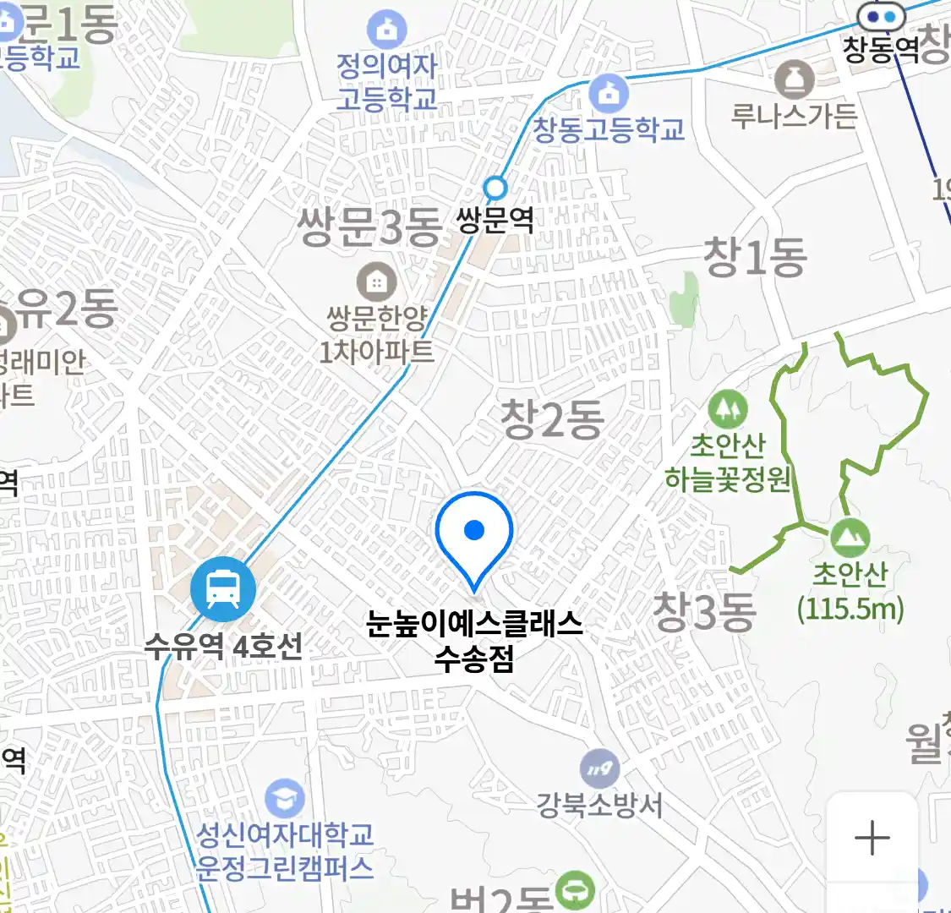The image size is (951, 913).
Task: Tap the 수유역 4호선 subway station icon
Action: pyautogui.click(x=222, y=588)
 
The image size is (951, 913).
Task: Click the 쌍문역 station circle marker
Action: pyautogui.click(x=495, y=188)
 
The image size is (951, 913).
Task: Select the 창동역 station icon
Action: pyautogui.click(x=881, y=16)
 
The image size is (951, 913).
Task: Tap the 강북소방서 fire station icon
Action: pyautogui.click(x=600, y=768)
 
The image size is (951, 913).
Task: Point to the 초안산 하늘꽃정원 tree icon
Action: pyautogui.click(x=727, y=410)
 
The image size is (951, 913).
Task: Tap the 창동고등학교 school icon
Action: pyautogui.click(x=608, y=94)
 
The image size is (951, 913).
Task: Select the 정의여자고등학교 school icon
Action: pyautogui.click(x=386, y=30)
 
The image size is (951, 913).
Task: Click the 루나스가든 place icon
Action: pyautogui.click(x=794, y=80)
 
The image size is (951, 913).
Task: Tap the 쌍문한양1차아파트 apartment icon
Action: pyautogui.click(x=376, y=282)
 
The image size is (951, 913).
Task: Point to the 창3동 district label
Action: pyautogui.click(x=704, y=611)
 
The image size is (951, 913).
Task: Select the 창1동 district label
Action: pyautogui.click(x=756, y=258)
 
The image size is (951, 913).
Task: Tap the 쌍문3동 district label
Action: pyautogui.click(x=369, y=227)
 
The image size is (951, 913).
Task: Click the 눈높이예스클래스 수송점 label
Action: pyautogui.click(x=474, y=640)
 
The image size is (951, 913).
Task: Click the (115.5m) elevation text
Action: pyautogui.click(x=850, y=608)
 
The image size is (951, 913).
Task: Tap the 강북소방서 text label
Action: pyautogui.click(x=600, y=804)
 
